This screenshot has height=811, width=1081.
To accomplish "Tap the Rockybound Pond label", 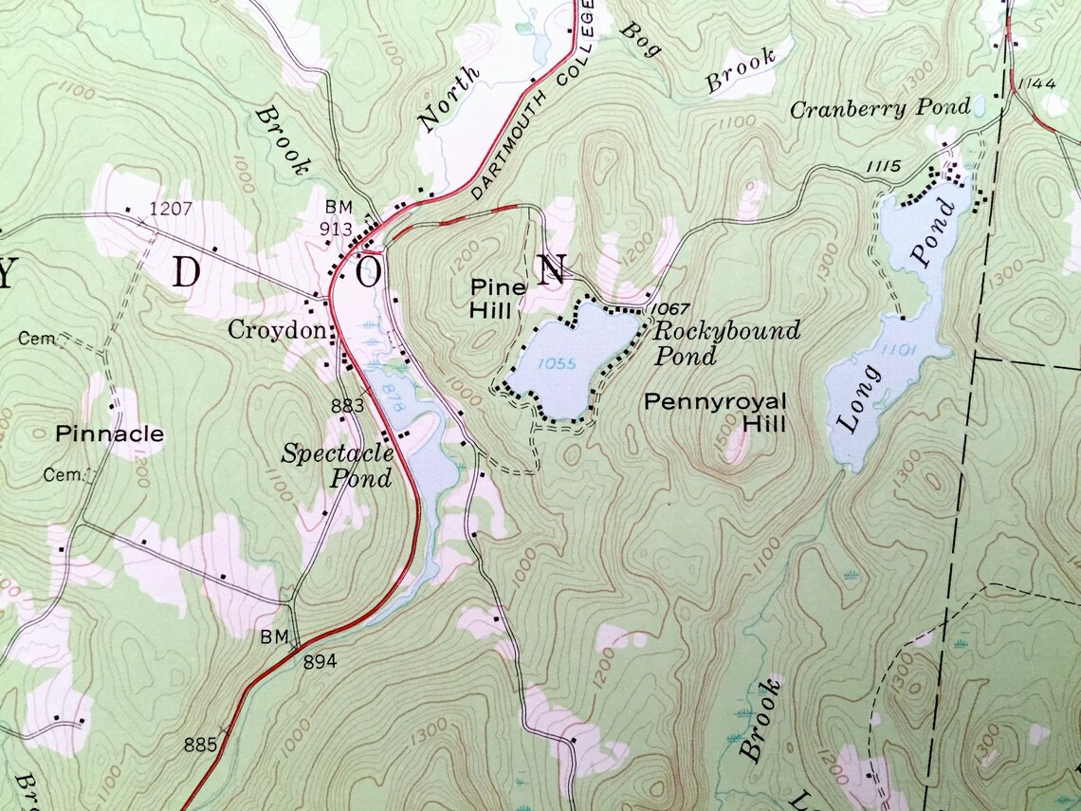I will [725, 343].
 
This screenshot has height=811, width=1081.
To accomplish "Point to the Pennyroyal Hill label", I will [716, 413].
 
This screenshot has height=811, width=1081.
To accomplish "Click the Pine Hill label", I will [491, 298].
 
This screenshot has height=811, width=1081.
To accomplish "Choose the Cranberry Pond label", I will [881, 107].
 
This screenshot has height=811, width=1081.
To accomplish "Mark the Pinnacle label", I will [109, 434].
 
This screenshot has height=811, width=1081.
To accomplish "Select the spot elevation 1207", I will [171, 207].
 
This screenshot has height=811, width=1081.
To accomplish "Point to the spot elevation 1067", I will [669, 309].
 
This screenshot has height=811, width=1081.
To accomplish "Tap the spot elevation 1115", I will [882, 167].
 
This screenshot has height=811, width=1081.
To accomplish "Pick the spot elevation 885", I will [200, 745].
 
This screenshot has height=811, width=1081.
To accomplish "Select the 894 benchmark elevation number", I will [320, 662].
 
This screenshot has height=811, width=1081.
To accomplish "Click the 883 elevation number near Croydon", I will [347, 406].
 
